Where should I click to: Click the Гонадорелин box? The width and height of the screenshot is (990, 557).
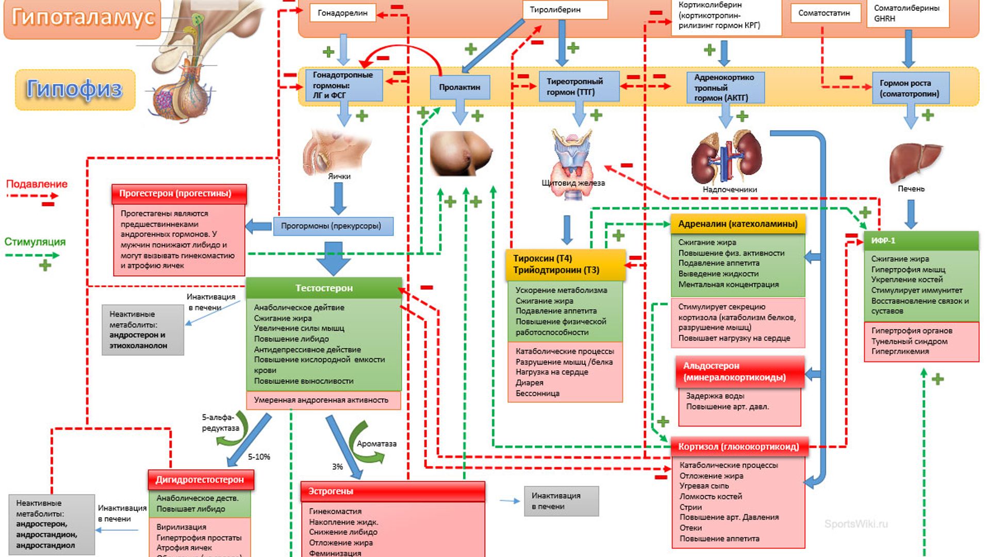[342, 13]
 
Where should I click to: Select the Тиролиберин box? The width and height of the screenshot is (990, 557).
[565, 10]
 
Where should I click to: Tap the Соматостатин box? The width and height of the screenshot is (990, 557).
[826, 13]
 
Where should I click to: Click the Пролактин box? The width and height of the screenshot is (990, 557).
[460, 87]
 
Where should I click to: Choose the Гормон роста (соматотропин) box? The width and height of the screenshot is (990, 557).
[910, 88]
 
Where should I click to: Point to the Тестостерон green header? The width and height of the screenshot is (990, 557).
[324, 288]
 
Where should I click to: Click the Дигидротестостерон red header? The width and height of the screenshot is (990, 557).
[201, 480]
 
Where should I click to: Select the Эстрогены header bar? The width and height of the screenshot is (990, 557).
[393, 492]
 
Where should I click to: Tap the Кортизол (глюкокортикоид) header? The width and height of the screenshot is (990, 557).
[739, 447]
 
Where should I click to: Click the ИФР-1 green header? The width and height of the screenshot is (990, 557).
[921, 241]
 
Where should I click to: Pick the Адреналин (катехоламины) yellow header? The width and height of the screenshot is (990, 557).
[738, 224]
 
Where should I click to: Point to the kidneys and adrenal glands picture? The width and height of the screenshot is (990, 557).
[727, 157]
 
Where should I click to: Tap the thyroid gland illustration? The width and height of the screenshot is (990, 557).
[572, 157]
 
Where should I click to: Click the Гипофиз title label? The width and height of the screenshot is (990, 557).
[75, 89]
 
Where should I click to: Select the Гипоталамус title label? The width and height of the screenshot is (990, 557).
[82, 17]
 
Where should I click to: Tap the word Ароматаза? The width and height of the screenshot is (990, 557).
[376, 444]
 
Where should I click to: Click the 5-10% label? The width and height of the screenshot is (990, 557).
[259, 457]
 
